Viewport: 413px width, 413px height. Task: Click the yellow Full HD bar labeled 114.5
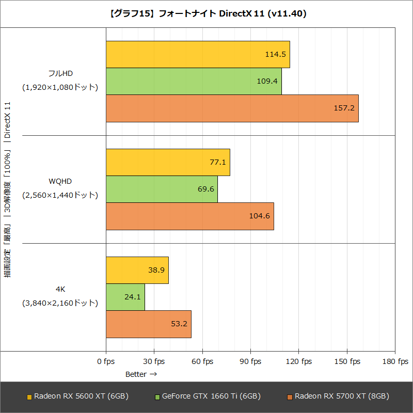198,54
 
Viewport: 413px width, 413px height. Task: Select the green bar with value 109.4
194,81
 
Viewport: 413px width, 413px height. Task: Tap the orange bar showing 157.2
232,108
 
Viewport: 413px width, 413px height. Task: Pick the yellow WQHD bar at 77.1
168,162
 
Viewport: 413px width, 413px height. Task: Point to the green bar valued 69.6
162,189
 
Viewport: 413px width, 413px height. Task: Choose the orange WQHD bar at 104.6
189,216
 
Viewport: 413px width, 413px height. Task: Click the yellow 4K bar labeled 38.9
137,270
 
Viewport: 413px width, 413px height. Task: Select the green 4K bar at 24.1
125,297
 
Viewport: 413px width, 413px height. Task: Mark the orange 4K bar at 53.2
148,324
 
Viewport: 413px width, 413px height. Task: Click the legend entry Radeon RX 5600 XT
77,396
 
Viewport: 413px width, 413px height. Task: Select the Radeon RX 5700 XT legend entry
338,396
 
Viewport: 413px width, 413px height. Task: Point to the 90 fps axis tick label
250,361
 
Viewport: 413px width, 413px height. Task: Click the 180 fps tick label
395,361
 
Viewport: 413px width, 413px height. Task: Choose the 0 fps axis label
106,361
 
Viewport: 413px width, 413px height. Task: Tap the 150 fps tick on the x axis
347,361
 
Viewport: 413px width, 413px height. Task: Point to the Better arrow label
141,373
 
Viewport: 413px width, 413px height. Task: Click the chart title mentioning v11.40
206,14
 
